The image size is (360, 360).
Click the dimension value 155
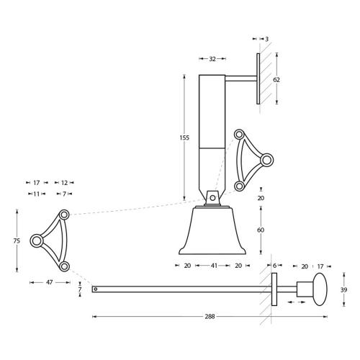pyautogui.click(x=185, y=138)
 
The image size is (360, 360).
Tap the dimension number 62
pyautogui.click(x=276, y=79)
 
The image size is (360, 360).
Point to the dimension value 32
pyautogui.click(x=212, y=59)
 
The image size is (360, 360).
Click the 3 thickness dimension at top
pyautogui.click(x=266, y=39)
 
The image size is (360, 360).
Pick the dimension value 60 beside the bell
pyautogui.click(x=261, y=230)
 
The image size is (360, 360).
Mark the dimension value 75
pyautogui.click(x=17, y=241)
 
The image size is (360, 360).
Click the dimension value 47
pyautogui.click(x=49, y=283)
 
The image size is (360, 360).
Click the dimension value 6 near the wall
pyautogui.click(x=275, y=266)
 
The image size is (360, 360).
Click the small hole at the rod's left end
pyautogui.click(x=95, y=289)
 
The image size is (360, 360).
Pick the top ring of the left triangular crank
pyautogui.click(x=64, y=214)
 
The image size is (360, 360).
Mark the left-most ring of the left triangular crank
pyautogui.click(x=35, y=240)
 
